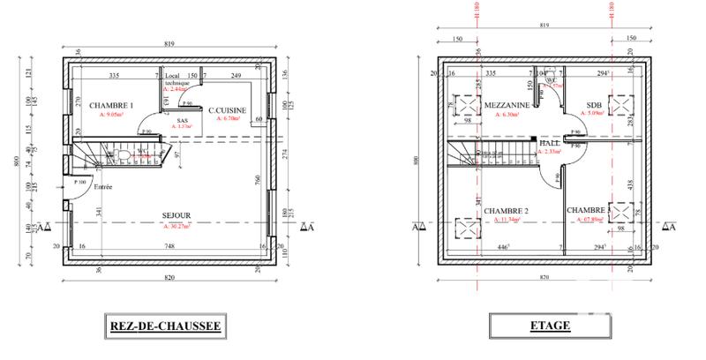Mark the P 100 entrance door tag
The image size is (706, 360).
coord(80,182)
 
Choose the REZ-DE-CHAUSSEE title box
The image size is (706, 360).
coord(163,326)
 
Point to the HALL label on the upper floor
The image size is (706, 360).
coord(550,142)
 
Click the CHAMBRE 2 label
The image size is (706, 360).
coord(507,211)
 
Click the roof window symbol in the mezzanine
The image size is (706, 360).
coord(465,104)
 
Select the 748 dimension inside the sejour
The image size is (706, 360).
coord(168,248)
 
